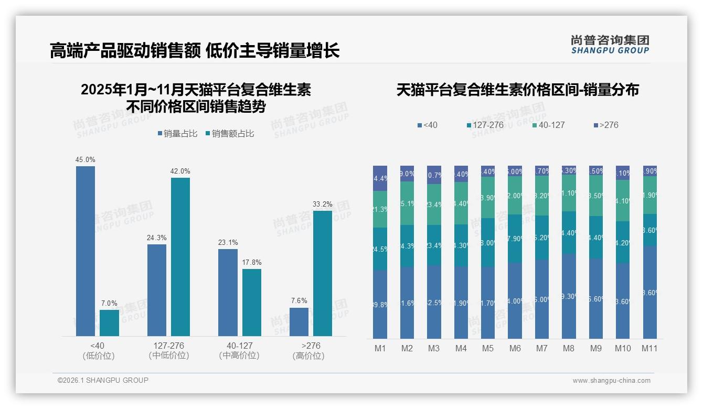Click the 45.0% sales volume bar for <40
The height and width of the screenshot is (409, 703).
[86, 251]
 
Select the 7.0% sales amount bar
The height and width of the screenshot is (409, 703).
[109, 323]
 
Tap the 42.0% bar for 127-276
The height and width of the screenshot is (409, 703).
[180, 257]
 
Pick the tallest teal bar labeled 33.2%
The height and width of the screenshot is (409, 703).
[323, 273]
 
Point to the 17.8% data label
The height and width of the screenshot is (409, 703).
[252, 262]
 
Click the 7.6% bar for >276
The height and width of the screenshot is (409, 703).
[299, 322]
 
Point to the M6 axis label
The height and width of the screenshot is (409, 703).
[515, 348]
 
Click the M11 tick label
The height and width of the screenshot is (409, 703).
[649, 348]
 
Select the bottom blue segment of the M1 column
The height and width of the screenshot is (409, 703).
[380, 304]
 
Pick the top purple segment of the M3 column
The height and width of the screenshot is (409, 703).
[434, 175]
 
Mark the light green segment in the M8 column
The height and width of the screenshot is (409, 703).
[569, 193]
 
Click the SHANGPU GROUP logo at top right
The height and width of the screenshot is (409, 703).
[610, 45]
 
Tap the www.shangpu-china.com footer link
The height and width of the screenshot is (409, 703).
[611, 381]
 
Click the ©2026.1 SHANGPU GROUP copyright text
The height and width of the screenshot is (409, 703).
[103, 380]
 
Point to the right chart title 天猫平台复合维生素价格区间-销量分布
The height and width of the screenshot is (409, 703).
[517, 90]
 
